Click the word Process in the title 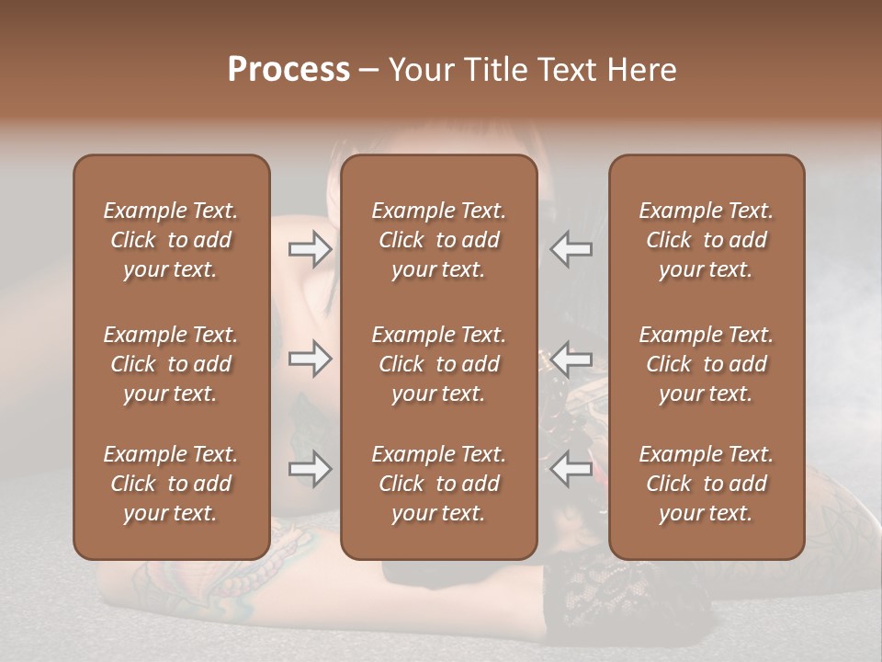point(288,70)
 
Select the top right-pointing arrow point(310,249)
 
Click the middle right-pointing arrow point(310,359)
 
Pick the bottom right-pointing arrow point(310,470)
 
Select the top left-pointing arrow point(571,249)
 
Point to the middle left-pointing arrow point(571,359)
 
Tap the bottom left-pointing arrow point(571,470)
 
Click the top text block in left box point(171,240)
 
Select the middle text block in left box point(171,364)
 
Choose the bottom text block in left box point(171,484)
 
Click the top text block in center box point(438,240)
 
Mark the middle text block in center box point(438,364)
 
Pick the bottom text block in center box point(438,484)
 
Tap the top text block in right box point(706,240)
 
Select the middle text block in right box point(706,364)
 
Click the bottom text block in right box point(706,484)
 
